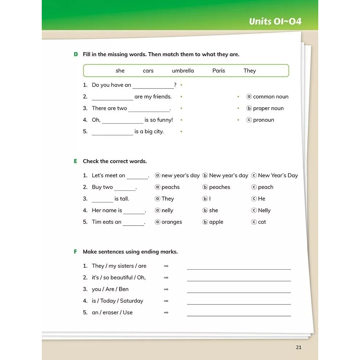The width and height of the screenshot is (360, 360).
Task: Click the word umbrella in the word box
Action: coord(183,71)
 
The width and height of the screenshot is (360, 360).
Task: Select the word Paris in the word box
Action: coord(219,71)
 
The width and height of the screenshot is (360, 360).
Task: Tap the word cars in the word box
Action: coord(148,71)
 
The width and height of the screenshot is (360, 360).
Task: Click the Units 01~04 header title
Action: coord(275,21)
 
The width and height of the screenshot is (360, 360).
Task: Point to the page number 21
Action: coord(298,347)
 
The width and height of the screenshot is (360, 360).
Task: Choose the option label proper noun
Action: coord(268,108)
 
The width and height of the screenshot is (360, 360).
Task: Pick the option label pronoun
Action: coord(263,120)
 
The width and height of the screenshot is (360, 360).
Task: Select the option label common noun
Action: coord(270,96)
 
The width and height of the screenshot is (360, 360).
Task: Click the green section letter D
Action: coord(76,54)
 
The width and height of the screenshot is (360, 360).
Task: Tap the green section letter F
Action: coord(76,252)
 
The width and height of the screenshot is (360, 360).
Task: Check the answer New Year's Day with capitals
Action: coord(278,175)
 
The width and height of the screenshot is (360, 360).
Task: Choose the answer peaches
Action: coord(219,187)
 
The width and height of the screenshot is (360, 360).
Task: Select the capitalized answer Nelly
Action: coord(264,210)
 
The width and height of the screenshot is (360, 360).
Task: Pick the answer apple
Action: coord(216,222)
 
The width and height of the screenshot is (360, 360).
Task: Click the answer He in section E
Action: coord(261,199)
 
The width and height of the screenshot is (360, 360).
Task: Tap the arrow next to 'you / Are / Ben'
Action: coord(166,289)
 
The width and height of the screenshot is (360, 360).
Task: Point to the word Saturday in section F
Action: coord(131,301)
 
